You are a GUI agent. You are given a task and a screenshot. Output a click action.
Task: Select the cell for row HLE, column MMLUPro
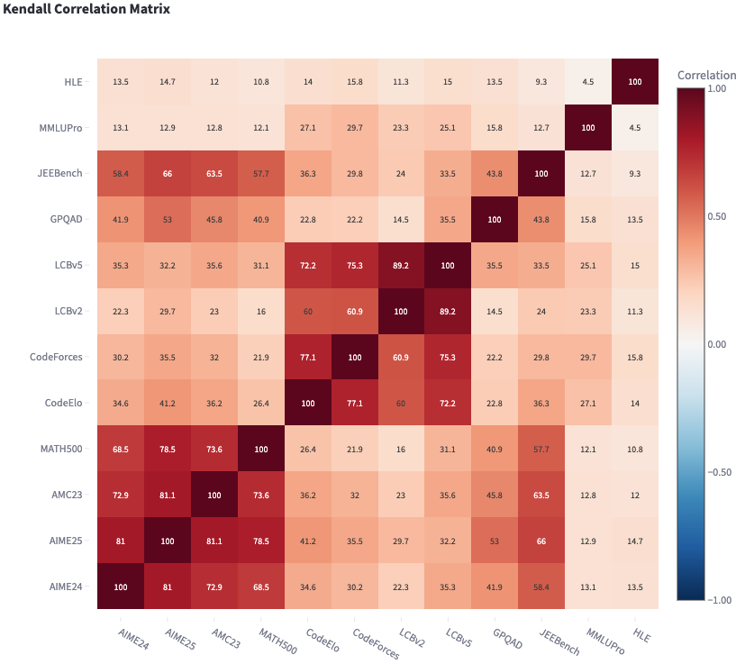[x=588, y=81]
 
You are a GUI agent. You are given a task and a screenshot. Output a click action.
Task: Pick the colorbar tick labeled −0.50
[x=716, y=472]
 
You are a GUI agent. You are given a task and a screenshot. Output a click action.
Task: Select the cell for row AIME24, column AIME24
[x=120, y=587]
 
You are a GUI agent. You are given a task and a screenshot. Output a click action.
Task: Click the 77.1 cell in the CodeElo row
[x=354, y=403]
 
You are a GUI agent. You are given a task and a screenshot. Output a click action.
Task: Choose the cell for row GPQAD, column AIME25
[x=167, y=219]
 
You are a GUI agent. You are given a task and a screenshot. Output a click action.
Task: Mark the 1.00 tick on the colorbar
[x=714, y=88]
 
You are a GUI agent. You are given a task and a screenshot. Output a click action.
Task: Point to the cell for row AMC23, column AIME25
[x=167, y=495]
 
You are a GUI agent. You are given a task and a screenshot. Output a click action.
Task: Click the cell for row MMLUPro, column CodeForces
[x=354, y=127]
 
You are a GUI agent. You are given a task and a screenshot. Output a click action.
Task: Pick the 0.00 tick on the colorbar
[x=714, y=344]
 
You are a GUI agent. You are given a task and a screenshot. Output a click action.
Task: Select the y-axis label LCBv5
[x=68, y=265]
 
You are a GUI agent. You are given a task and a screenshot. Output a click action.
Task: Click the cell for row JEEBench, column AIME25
[x=167, y=173]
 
